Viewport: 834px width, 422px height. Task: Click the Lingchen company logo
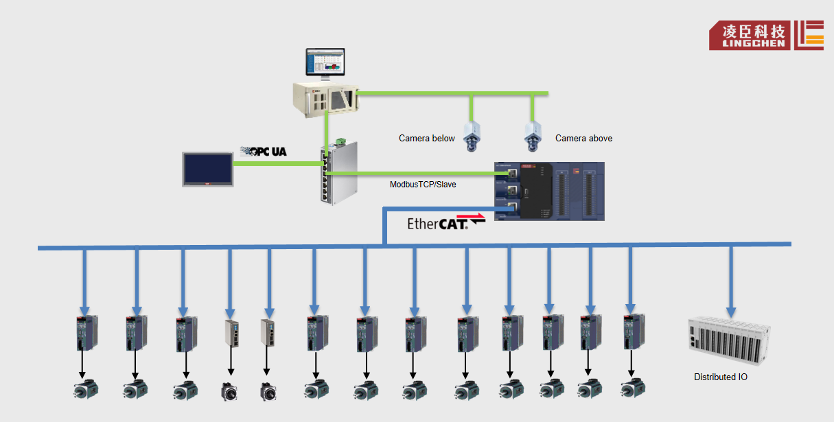pyautogui.click(x=766, y=35)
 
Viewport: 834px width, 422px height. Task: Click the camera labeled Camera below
pyautogui.click(x=472, y=134)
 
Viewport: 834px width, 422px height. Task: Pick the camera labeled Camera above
pyautogui.click(x=533, y=134)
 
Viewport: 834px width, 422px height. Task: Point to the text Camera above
pyautogui.click(x=583, y=139)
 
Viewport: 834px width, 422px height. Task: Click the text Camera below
pyautogui.click(x=426, y=139)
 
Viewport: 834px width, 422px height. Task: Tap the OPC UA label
pyautogui.click(x=263, y=151)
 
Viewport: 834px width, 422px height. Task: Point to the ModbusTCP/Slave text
pyautogui.click(x=423, y=185)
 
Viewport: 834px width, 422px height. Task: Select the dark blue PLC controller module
pyautogui.click(x=549, y=191)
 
